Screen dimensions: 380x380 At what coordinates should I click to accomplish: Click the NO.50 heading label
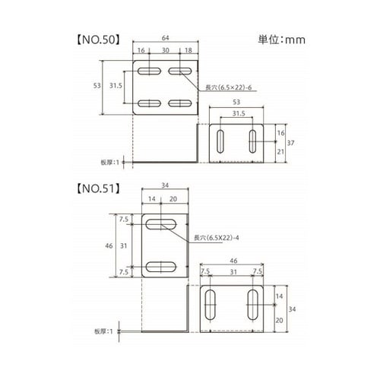98,40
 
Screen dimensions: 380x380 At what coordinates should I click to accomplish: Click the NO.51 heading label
98,188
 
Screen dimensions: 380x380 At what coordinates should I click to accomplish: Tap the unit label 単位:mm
281,40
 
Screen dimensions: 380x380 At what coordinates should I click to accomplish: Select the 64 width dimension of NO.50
165,38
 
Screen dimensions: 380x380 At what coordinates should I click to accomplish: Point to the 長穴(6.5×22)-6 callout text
228,87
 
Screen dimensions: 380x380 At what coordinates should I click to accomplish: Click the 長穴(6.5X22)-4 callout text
217,238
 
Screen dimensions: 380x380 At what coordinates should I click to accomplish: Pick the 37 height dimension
290,143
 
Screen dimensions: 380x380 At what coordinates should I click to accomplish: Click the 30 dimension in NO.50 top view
165,50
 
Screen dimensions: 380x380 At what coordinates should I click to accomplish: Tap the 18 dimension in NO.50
188,50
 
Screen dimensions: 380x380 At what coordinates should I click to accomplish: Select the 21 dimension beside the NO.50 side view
280,152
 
